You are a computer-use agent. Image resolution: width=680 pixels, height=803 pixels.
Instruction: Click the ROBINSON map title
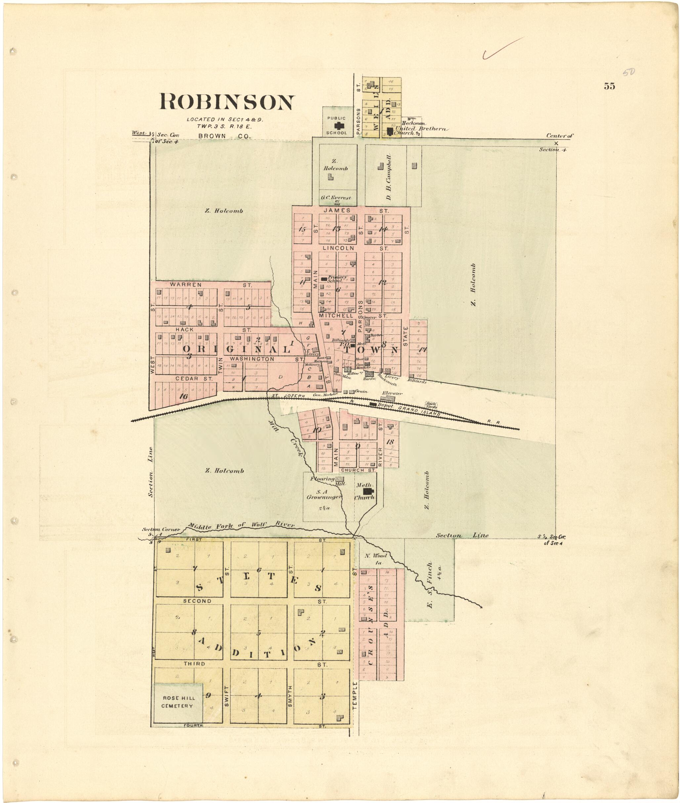[227, 102]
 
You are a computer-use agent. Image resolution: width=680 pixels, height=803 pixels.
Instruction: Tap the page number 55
[609, 86]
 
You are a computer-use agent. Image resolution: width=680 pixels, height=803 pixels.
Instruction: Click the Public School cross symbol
[337, 126]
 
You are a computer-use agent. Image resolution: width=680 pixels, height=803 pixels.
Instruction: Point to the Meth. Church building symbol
[368, 492]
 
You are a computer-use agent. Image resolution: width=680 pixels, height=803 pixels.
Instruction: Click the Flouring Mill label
[328, 480]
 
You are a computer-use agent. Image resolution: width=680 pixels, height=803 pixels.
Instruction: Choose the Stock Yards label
[431, 405]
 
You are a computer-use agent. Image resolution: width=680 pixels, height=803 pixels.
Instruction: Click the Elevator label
[392, 393]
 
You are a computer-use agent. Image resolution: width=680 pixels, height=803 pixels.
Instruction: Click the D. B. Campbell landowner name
[389, 177]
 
